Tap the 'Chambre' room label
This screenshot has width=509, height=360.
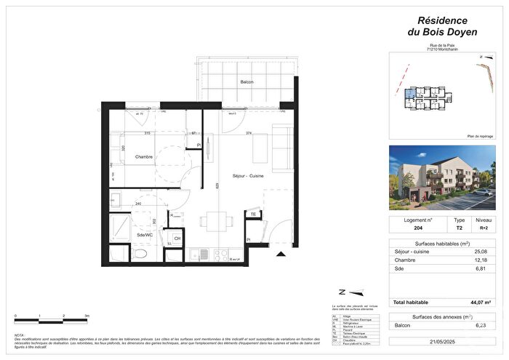click(127, 158)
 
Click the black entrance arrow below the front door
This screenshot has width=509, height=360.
click(280, 254)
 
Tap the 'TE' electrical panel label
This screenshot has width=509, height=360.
click(252, 215)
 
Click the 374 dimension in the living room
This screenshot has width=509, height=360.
click(249, 134)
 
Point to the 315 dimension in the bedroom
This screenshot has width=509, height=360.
click(147, 134)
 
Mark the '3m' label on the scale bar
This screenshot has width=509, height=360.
click(87, 316)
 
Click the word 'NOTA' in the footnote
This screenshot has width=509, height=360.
click(19, 335)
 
